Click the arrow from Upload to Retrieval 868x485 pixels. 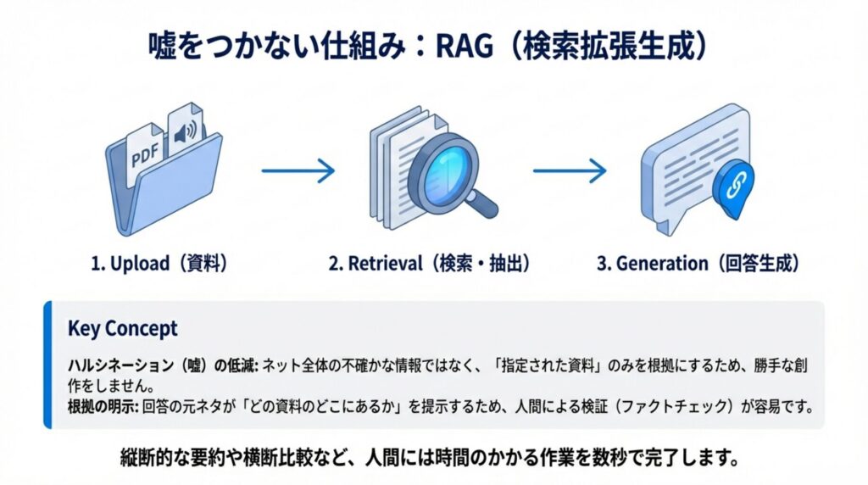(298, 171)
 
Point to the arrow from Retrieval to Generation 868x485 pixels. (570, 171)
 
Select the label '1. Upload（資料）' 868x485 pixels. (159, 264)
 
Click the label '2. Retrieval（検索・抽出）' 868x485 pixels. (430, 264)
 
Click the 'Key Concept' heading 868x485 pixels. (122, 328)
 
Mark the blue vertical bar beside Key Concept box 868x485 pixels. (47, 364)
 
